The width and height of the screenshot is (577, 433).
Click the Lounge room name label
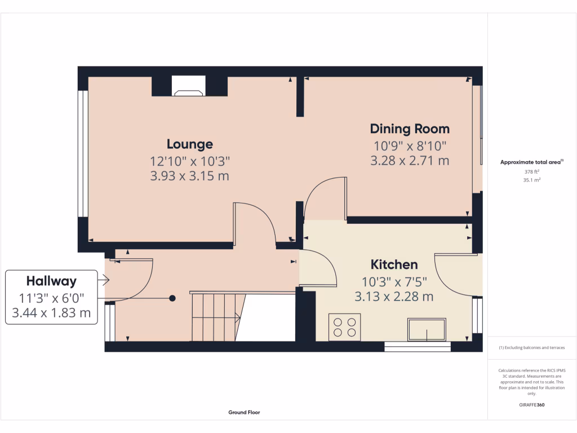[189, 144]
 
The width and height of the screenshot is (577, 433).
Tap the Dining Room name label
[410, 129]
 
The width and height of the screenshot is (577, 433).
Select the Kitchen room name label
[394, 264]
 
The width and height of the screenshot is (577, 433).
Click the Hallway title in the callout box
[51, 281]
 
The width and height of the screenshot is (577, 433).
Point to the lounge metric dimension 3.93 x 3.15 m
[189, 176]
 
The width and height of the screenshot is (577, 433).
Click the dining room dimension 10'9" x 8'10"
[410, 145]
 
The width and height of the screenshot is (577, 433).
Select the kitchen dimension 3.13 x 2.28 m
[394, 296]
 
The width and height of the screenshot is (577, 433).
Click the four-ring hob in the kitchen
[344, 327]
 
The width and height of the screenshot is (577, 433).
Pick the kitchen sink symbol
[427, 330]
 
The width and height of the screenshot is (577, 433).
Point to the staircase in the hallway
[217, 317]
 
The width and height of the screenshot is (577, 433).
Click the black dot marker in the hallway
[172, 298]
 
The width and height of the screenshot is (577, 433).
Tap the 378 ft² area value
[532, 171]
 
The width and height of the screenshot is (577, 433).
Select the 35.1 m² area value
[532, 180]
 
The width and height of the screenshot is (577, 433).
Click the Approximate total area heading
[532, 162]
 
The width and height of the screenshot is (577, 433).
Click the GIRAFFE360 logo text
[532, 405]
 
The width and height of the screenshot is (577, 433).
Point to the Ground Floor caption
[244, 412]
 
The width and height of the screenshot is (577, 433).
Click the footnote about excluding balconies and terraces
[531, 348]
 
